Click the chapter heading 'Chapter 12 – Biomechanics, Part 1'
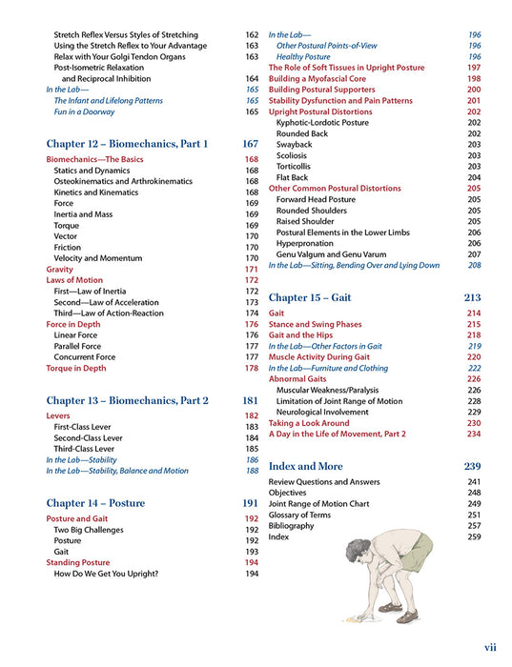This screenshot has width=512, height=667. coord(127,144)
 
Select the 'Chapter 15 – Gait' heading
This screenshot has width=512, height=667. coord(310,297)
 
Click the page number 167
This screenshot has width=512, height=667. coord(250,144)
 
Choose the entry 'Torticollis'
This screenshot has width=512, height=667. coord(296,167)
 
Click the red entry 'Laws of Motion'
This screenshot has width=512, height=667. coord(74,280)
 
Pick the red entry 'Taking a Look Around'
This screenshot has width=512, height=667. coord(308,422)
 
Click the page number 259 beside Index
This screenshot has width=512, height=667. coord(473,536)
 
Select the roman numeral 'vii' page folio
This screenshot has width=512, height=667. coord(489,647)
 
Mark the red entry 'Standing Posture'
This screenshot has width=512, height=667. coord(78,562)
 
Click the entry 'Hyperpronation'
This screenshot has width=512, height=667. coord(306,243)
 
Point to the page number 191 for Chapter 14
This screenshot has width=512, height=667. coord(250,502)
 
